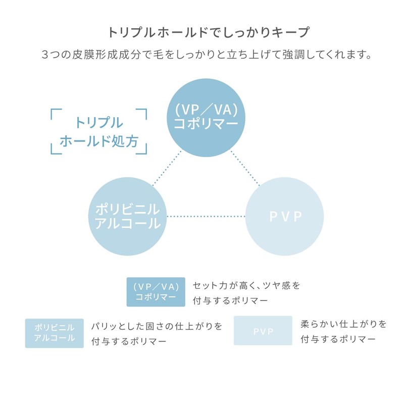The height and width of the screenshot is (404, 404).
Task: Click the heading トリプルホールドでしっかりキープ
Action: coord(208,32)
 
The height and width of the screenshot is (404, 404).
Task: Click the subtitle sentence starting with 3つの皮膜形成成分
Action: coord(207,55)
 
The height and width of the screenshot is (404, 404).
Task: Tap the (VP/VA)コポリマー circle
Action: coord(206,118)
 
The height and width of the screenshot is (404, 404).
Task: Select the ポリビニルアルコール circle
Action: coord(128,217)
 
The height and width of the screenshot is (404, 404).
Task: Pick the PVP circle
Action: coord(285,217)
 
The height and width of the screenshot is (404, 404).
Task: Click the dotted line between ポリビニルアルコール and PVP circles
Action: coord(206,217)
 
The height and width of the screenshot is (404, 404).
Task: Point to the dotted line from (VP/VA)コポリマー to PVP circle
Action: coord(245,168)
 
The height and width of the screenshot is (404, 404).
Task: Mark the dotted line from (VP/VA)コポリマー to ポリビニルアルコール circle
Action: coord(167,168)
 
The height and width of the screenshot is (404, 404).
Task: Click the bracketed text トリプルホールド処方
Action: coord(99,132)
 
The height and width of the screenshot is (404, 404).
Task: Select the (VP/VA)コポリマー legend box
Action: coord(156,292)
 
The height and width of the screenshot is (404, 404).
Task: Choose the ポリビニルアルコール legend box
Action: coord(55,333)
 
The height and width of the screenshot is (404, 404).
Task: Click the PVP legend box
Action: coord(263,331)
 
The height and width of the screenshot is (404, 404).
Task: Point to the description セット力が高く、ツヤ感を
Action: coord(246,285)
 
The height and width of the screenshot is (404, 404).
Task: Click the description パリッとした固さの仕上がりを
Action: coord(157,326)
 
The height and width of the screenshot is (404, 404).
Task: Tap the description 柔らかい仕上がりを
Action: coord(343,324)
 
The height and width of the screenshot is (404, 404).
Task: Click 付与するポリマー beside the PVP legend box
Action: coord(338,339)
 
